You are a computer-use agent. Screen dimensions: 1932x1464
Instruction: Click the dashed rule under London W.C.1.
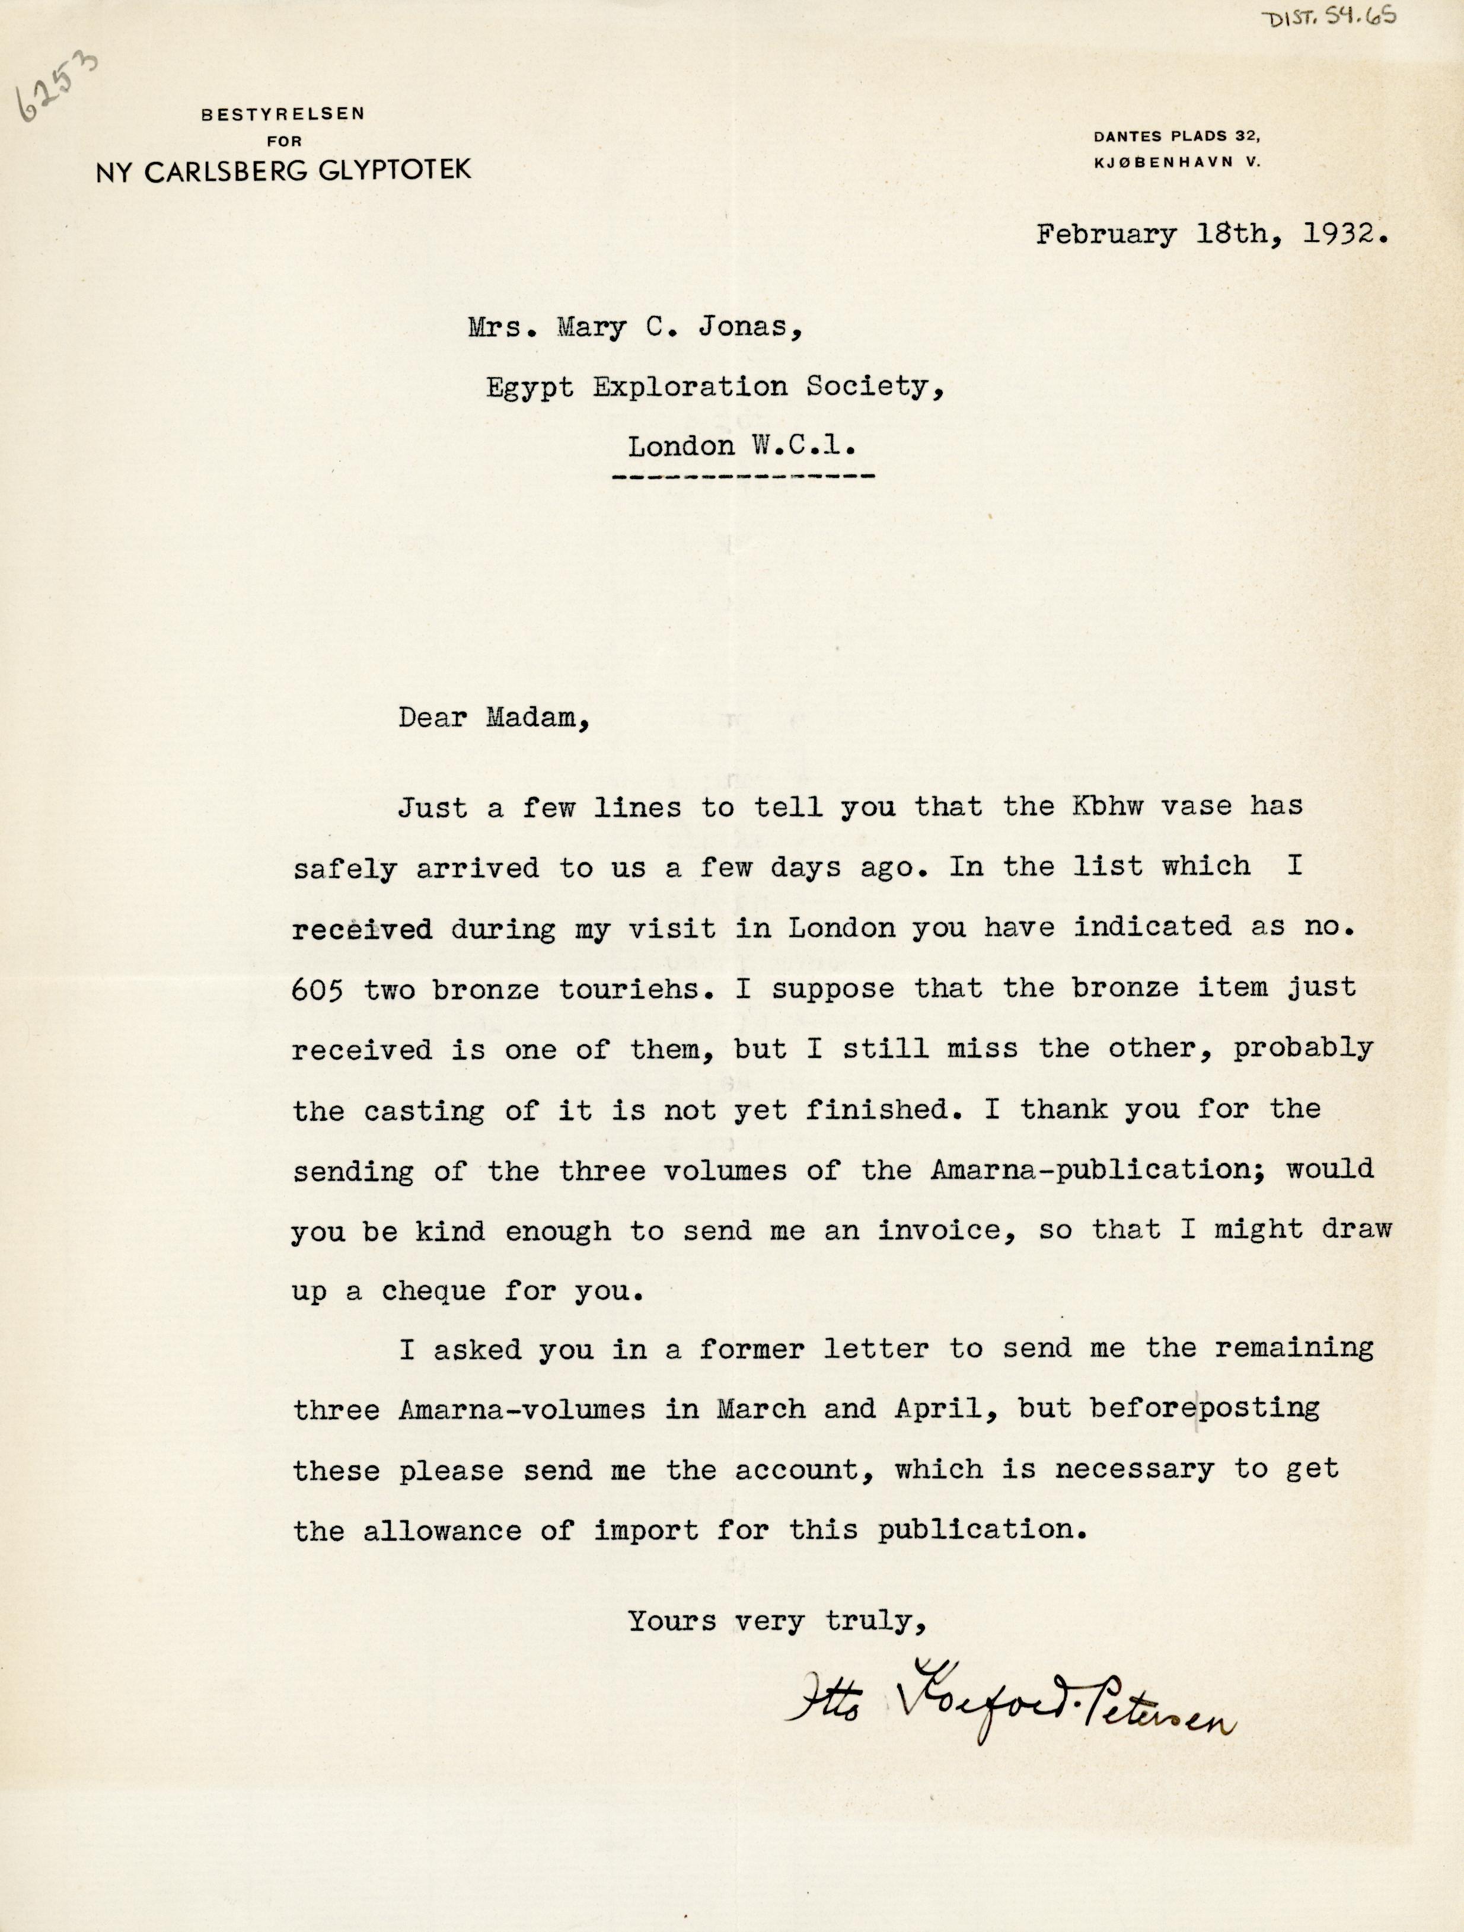[x=744, y=478]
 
